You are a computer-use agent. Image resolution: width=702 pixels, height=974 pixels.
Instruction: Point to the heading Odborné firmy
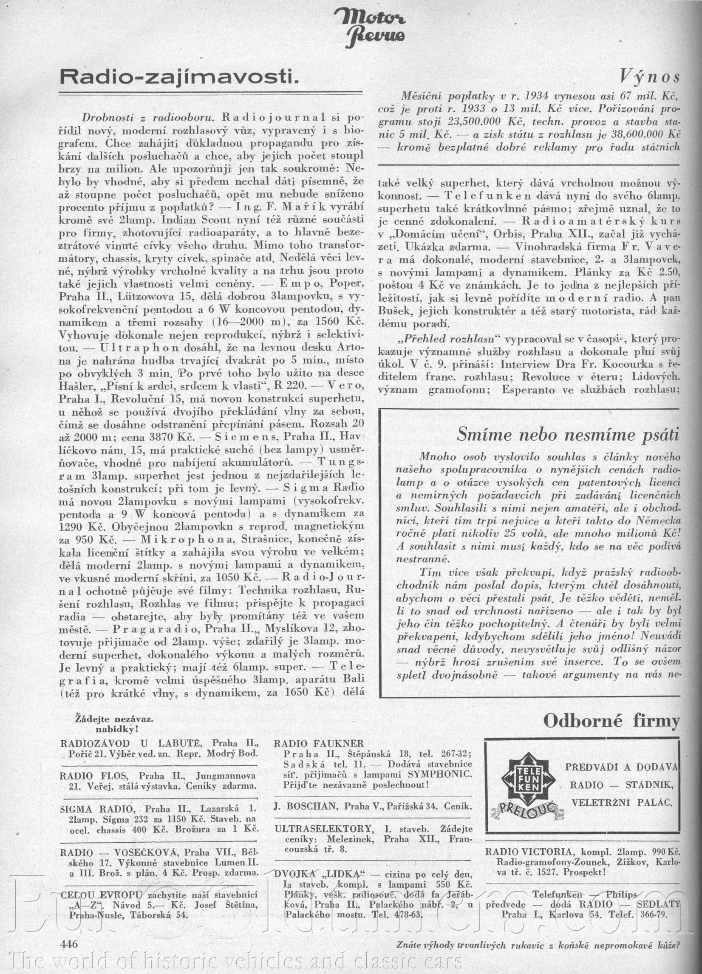[611, 721]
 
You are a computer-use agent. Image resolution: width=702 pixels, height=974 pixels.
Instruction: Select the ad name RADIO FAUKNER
[319, 744]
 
